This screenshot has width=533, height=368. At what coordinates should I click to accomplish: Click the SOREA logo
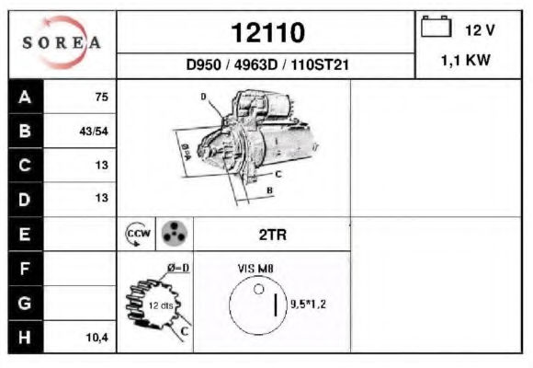[62, 42]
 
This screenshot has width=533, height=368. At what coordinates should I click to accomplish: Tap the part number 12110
[267, 33]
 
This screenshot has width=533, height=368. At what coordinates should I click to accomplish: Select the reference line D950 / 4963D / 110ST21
[267, 64]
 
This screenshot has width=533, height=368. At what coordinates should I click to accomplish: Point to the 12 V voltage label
[480, 30]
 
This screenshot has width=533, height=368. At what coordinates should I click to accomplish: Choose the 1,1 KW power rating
[465, 60]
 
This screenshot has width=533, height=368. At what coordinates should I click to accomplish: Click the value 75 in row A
[102, 97]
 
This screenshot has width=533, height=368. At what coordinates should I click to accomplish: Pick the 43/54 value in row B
[94, 131]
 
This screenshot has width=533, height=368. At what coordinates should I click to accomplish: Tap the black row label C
[25, 166]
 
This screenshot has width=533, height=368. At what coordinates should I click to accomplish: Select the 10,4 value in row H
[97, 338]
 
